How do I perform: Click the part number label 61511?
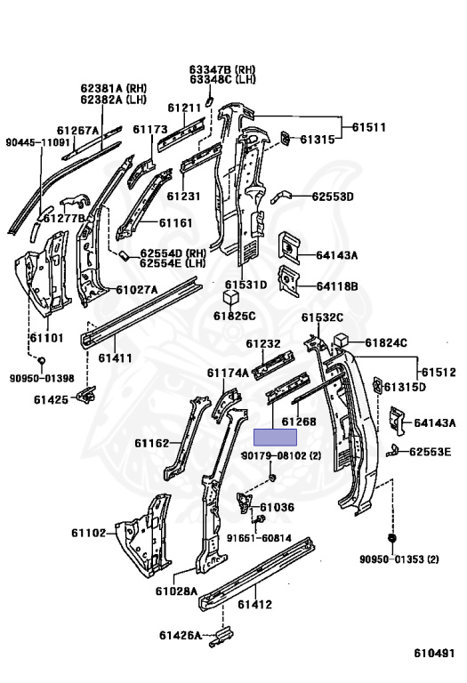(368, 127)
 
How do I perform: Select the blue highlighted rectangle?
(276, 437)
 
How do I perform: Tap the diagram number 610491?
(434, 653)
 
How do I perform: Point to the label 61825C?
(234, 316)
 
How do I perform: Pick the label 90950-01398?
(42, 379)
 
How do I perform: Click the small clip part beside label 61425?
(86, 394)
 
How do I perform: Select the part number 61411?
(115, 358)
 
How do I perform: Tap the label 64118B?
(337, 286)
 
